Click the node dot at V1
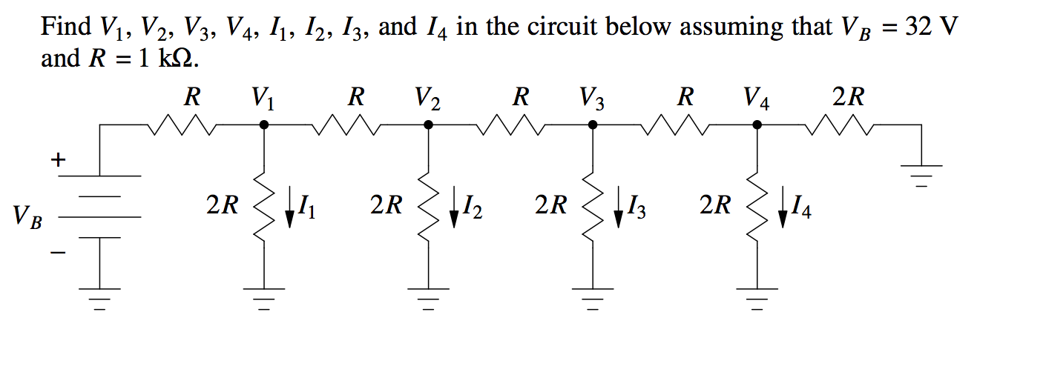263,126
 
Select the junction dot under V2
428,126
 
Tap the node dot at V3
593,126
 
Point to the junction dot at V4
757,126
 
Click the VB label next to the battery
27,218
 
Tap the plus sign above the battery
58,159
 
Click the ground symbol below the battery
100,297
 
